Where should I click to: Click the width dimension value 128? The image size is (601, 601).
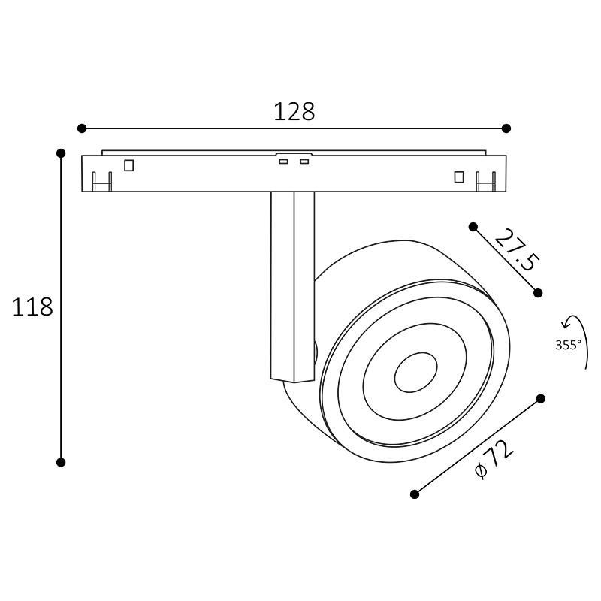pos(294,112)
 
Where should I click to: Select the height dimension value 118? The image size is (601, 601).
pos(32,307)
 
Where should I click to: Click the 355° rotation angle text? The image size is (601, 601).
pos(568,346)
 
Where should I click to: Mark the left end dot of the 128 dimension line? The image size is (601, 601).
pos(82,128)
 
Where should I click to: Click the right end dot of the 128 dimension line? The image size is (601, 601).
pos(506,128)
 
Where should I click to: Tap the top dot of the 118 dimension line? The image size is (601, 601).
pos(61,153)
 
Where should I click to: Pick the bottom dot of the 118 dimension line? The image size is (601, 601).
pos(61,462)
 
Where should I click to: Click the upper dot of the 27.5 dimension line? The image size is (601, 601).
pos(473,226)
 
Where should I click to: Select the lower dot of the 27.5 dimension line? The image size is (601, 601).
pos(538,292)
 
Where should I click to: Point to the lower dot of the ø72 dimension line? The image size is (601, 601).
pos(415,494)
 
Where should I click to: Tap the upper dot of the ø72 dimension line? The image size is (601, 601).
pos(541,398)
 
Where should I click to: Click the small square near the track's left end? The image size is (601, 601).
pos(129,165)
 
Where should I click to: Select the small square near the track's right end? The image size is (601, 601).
pos(459,177)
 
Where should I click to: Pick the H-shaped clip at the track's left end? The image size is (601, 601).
pos(101,182)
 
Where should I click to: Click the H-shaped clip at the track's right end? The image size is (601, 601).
pos(486,182)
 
